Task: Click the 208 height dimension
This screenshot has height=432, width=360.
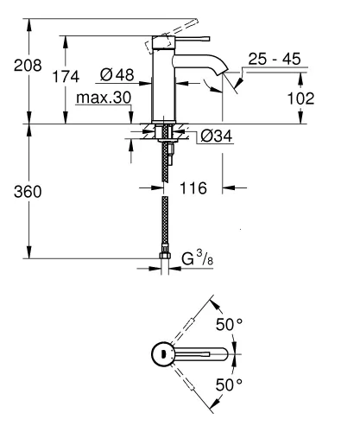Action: (x=16, y=66)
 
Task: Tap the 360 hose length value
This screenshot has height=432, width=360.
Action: (x=16, y=190)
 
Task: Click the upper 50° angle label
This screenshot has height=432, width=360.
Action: (x=226, y=324)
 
